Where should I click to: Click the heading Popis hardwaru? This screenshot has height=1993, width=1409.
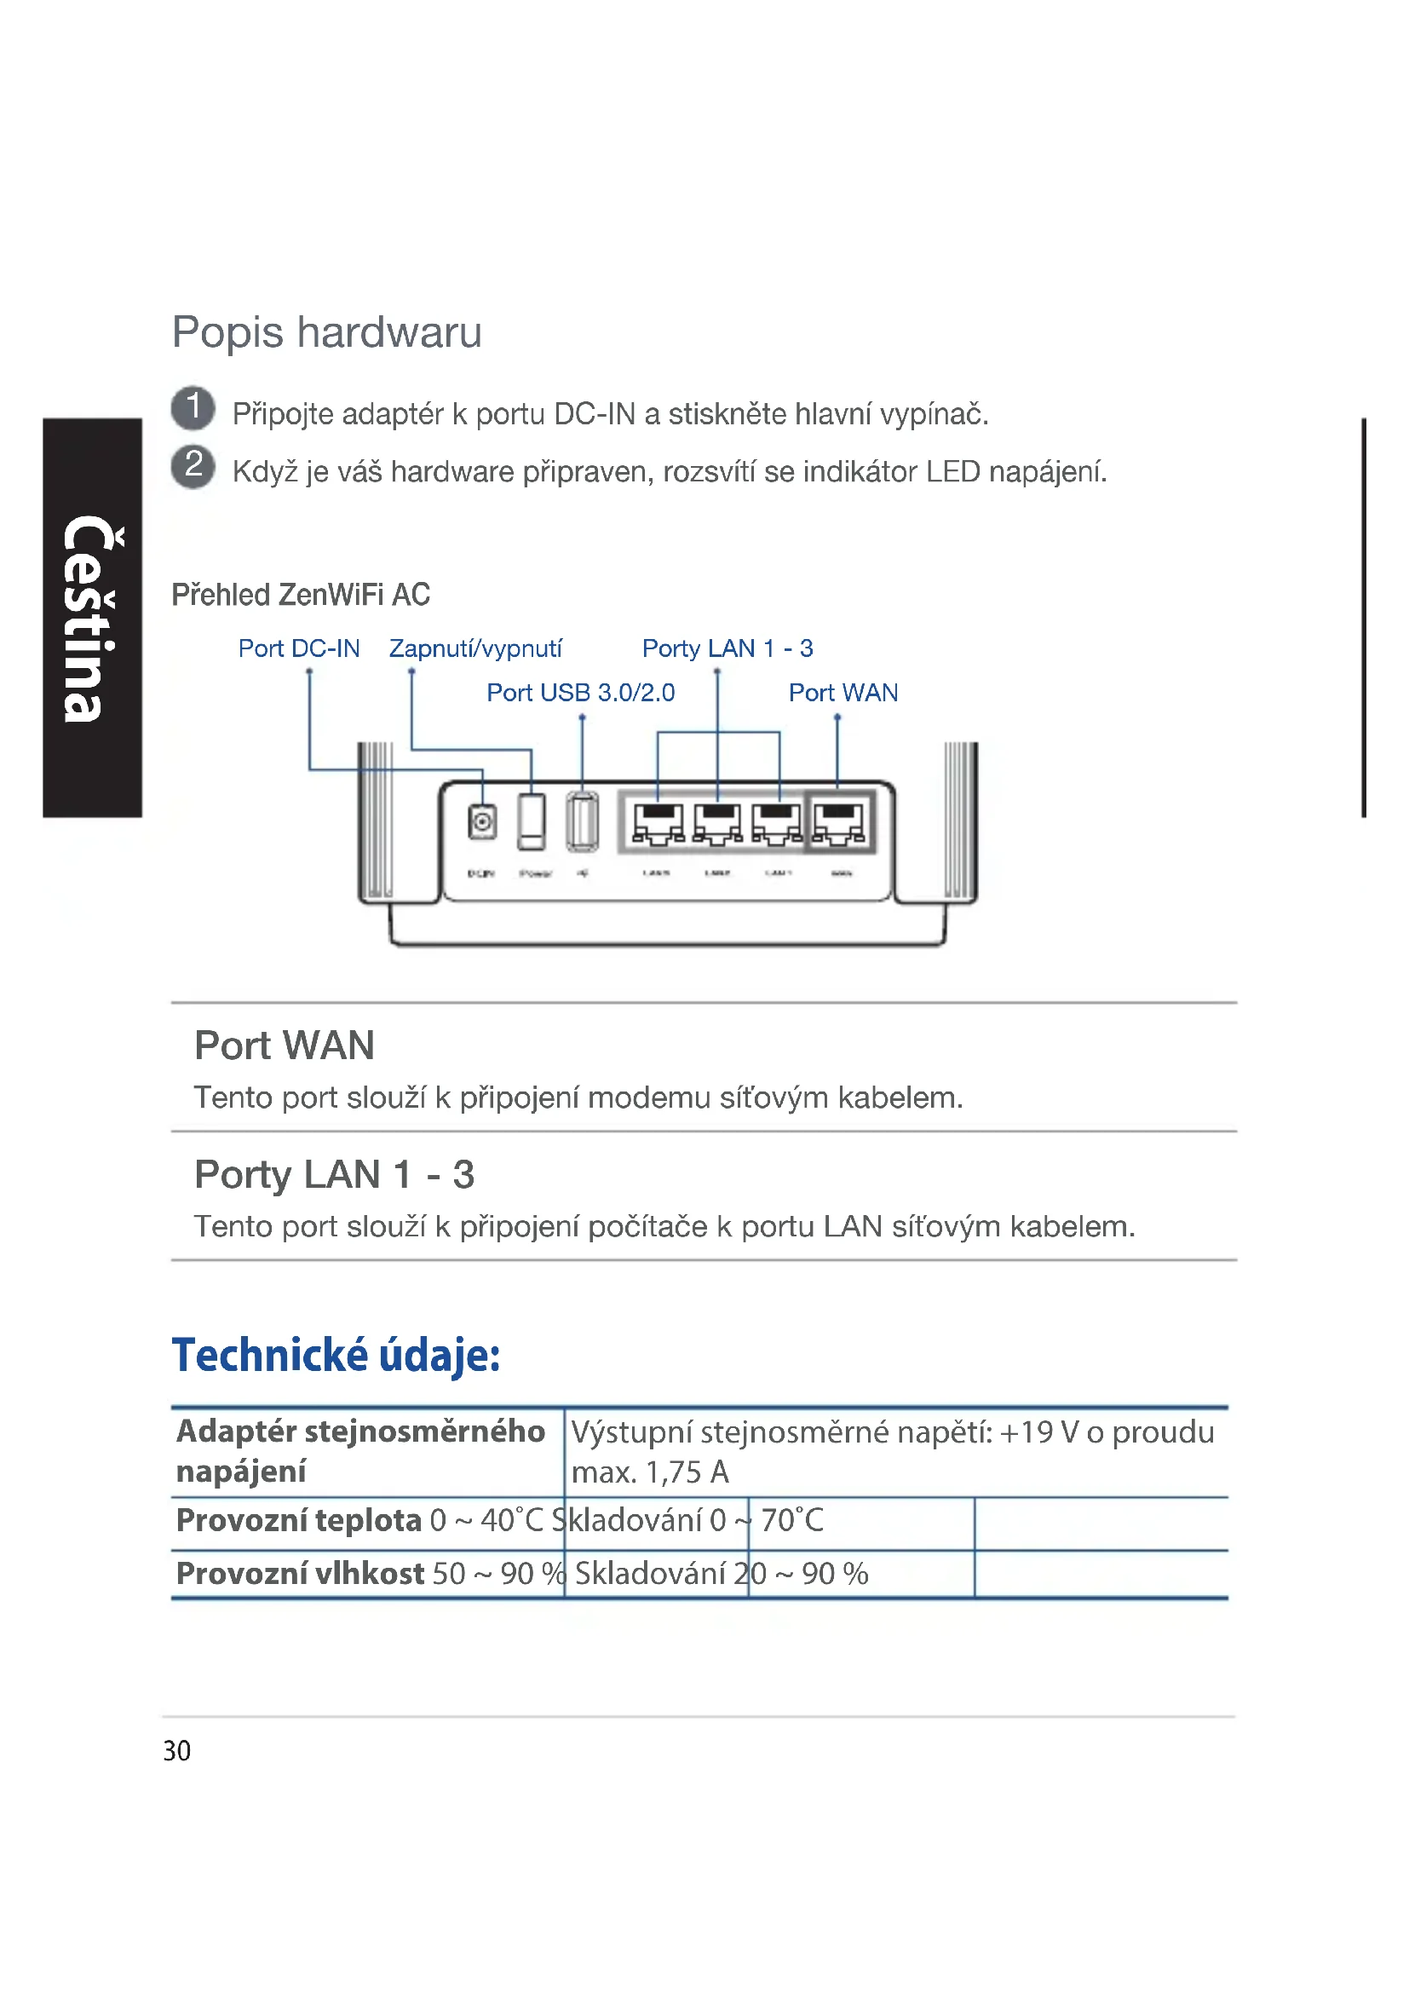326,332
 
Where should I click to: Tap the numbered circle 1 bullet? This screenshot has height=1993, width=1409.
193,408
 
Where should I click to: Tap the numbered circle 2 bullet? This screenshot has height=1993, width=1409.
193,466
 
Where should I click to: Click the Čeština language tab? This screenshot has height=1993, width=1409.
92,617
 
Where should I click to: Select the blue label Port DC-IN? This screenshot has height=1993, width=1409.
298,648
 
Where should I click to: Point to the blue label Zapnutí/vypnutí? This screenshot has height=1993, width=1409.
475,648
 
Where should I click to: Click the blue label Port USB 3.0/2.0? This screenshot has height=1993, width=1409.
580,693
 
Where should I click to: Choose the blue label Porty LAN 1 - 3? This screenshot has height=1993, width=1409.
727,648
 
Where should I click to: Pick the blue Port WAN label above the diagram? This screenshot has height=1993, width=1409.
843,693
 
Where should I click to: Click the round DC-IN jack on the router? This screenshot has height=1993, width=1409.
482,821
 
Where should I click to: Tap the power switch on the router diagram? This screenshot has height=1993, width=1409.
532,821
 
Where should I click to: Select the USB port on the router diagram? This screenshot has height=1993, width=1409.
582,821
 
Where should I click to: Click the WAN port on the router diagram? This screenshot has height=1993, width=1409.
839,822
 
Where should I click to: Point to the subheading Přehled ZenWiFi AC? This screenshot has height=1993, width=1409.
300,595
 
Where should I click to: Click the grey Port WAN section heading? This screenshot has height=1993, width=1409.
284,1045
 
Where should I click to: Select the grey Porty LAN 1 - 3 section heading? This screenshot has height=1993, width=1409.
334,1174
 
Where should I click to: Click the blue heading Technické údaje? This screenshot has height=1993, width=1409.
336,1355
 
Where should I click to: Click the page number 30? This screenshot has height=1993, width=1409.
177,1751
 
